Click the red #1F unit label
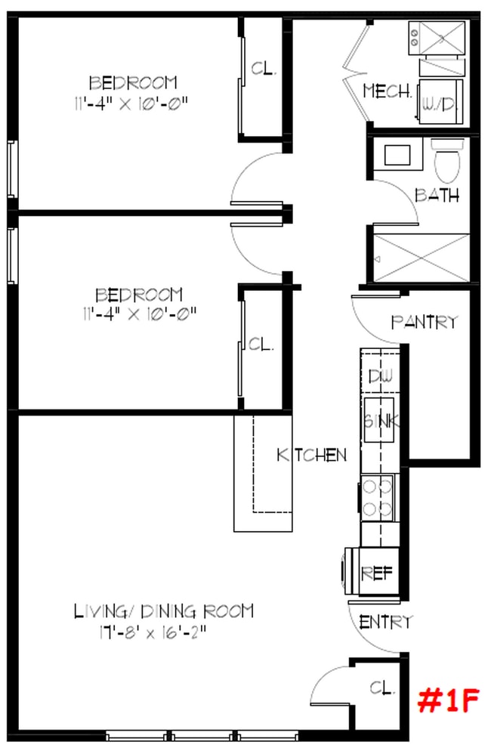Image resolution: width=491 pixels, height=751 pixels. [449, 702]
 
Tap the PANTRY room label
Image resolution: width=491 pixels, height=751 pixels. [424, 322]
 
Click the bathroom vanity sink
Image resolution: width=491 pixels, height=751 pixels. [397, 155]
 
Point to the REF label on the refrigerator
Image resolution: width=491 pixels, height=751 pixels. [376, 573]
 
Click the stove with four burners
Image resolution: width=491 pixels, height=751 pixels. [377, 497]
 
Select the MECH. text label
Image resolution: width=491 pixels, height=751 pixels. [388, 91]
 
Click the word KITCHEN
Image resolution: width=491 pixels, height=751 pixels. [312, 455]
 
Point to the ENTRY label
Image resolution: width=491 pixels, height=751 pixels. [386, 623]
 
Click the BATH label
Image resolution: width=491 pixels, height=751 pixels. [437, 195]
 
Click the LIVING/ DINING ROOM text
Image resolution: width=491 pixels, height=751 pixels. [164, 610]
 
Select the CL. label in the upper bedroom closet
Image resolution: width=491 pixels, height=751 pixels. [264, 70]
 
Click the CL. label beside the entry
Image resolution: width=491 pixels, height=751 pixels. [383, 688]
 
